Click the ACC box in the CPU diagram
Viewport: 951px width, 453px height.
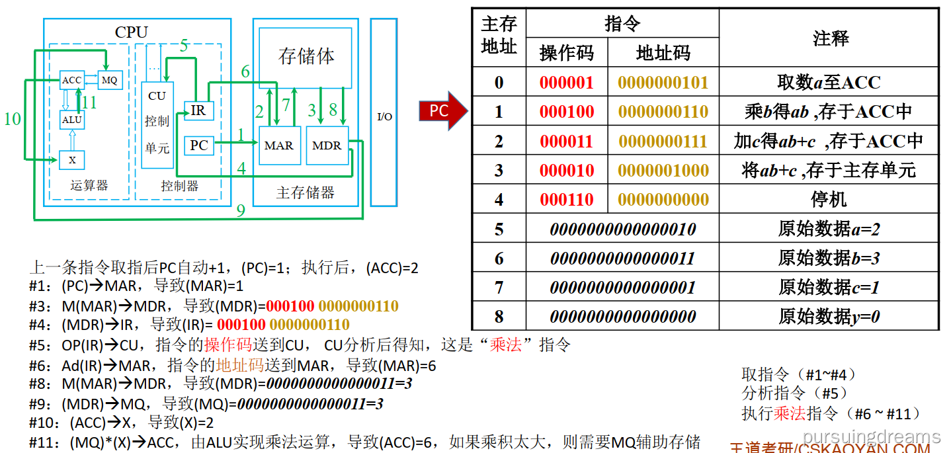coord(71,80)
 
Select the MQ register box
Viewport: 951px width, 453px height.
coord(109,80)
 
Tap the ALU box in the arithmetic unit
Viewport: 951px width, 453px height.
coord(71,120)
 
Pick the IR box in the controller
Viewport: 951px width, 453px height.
coord(198,110)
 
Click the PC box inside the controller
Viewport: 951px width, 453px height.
coord(198,145)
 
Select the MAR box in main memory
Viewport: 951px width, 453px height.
coord(278,145)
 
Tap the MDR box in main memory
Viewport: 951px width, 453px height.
coord(327,145)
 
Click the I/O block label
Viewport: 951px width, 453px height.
coord(384,116)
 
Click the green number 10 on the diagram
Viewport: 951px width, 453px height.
coord(12,119)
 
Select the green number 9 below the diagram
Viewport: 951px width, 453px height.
coord(241,211)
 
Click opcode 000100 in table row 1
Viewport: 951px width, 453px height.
coord(567,112)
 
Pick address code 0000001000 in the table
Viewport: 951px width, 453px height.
coord(663,171)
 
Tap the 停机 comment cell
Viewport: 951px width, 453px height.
coord(829,200)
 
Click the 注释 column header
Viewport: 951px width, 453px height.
coord(830,38)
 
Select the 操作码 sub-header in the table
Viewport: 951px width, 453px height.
coord(567,53)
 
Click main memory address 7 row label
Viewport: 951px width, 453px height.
coord(499,288)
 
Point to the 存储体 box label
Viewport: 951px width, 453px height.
coord(306,56)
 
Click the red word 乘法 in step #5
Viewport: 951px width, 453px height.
coord(506,345)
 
